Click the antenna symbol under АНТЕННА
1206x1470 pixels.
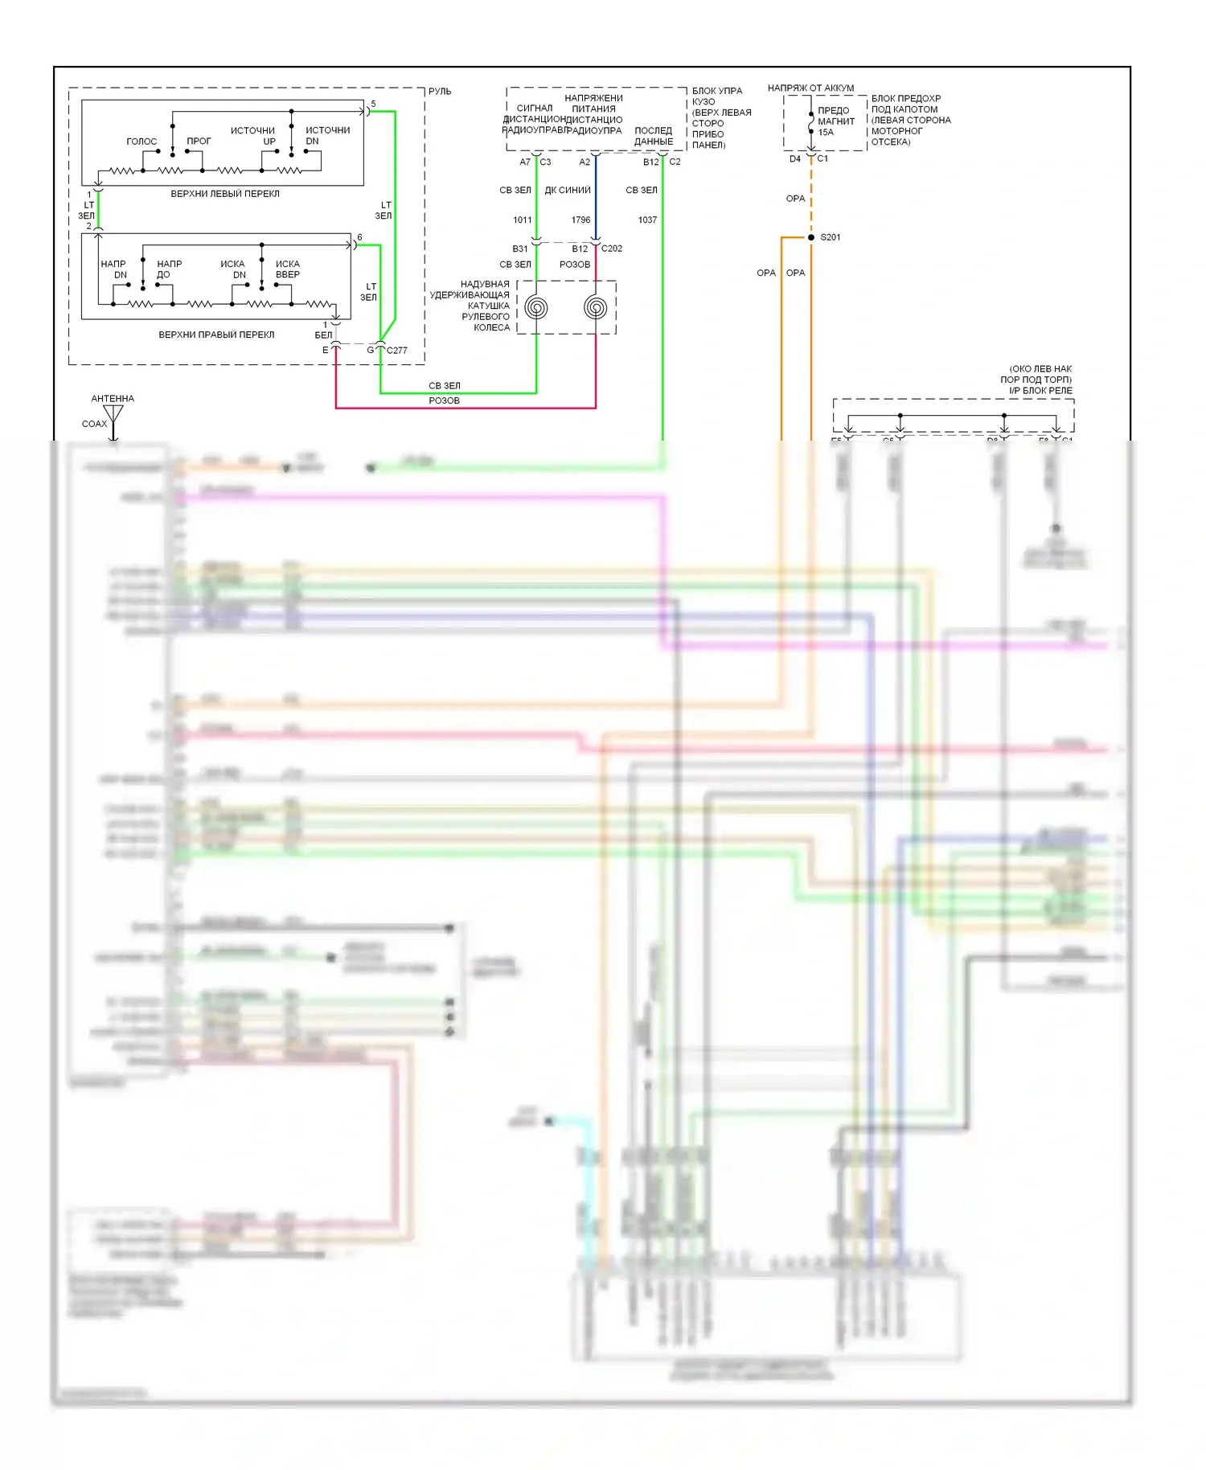[x=113, y=415]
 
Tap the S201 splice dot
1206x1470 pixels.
[x=811, y=237]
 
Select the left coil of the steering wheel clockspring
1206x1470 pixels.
[x=536, y=307]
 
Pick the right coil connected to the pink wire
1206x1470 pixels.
[x=596, y=306]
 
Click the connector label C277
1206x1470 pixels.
[x=397, y=351]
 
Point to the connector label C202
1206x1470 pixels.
[x=612, y=248]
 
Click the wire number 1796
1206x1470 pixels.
[x=580, y=220]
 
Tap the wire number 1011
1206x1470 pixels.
[x=523, y=220]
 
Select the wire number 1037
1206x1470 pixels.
[x=647, y=220]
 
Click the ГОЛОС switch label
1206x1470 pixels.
[x=142, y=142]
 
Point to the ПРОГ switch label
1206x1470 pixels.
[x=199, y=142]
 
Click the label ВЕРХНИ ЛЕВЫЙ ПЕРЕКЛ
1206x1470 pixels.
[x=225, y=194]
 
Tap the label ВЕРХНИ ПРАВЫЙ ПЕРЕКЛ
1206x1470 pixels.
[x=216, y=335]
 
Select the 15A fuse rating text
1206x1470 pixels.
[x=826, y=133]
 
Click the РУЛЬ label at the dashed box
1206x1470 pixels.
[x=440, y=92]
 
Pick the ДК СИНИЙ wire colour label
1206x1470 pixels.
[x=568, y=191]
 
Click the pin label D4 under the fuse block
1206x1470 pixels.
[x=795, y=159]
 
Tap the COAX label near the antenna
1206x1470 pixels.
[x=94, y=424]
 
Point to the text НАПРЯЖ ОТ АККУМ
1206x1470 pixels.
[x=810, y=88]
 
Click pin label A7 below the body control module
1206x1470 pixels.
[x=525, y=162]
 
